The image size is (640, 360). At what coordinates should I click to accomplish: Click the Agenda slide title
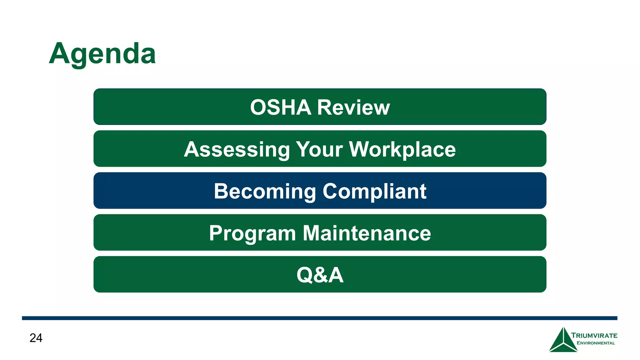[102, 54]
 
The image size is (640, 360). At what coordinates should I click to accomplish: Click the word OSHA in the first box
[280, 107]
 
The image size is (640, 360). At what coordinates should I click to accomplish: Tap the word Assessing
[237, 149]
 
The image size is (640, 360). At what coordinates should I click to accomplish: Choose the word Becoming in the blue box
[265, 191]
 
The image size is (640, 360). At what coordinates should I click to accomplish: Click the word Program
[252, 233]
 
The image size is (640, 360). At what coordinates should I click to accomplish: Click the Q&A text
[320, 275]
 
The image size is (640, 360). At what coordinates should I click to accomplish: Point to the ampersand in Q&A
[320, 275]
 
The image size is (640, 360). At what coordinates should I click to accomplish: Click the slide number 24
[36, 338]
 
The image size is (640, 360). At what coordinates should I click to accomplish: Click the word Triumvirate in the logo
[594, 336]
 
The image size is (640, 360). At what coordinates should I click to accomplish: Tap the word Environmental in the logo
[596, 343]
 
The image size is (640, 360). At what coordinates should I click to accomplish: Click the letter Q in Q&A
[305, 275]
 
